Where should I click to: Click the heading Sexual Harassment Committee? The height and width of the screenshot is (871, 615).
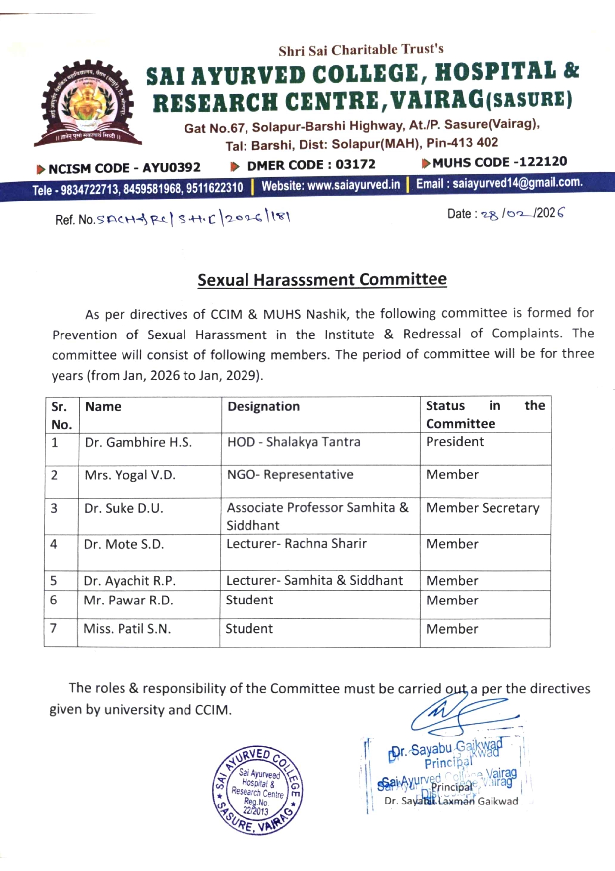click(x=322, y=280)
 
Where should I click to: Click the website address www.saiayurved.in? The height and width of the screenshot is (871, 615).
click(x=331, y=185)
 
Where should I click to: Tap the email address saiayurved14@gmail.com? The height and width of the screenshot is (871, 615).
click(x=499, y=183)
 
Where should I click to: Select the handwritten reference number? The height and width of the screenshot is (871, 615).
click(x=193, y=218)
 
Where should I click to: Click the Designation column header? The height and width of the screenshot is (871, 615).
click(x=263, y=406)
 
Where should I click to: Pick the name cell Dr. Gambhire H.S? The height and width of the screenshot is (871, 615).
click(x=138, y=442)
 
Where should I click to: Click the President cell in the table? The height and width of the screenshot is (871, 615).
click(x=455, y=442)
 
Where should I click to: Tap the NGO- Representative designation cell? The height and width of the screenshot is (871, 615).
click(x=290, y=475)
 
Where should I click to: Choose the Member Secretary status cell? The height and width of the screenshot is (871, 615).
click(x=482, y=508)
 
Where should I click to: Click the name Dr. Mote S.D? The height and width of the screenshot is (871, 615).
click(x=123, y=544)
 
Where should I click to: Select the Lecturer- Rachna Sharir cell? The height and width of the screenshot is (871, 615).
click(x=296, y=544)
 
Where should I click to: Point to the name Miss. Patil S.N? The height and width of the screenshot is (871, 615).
click(x=127, y=629)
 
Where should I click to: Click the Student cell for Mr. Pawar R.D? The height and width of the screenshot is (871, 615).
click(x=249, y=600)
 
